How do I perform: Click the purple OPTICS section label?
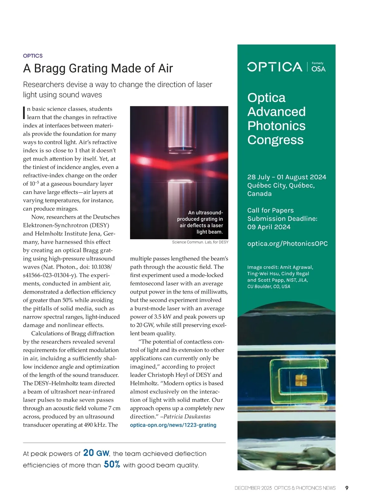click(33, 56)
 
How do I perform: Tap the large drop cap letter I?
click(24, 113)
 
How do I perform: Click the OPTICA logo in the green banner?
click(275, 67)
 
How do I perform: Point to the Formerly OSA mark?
click(318, 67)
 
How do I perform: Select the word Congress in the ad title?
click(275, 140)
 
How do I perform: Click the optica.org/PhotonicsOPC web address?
click(287, 244)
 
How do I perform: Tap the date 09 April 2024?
click(269, 227)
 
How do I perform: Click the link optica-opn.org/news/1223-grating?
click(173, 425)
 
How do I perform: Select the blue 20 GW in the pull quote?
click(96, 453)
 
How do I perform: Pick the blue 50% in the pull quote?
click(112, 465)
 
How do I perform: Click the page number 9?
click(347, 488)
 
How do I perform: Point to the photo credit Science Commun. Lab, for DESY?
click(200, 242)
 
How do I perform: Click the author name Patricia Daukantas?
click(187, 417)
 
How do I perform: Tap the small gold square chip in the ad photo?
click(300, 380)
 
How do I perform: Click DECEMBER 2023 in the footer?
click(253, 488)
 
